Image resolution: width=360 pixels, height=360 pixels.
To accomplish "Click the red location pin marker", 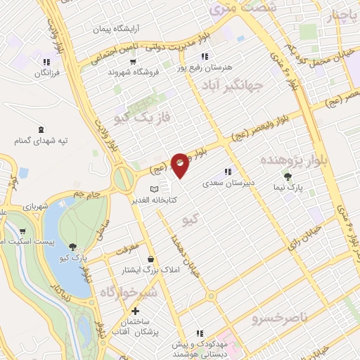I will coord(180,165).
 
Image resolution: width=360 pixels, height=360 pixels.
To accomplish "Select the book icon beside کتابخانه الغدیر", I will coord(155,189).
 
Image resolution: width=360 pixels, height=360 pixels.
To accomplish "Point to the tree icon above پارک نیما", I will coord(287,176).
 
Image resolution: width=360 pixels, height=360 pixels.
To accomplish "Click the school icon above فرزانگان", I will coord(46,62).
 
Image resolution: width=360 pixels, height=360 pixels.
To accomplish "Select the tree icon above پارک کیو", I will coord(73,246).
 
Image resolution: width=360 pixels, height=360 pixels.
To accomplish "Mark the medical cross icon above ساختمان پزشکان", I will coord(135,311).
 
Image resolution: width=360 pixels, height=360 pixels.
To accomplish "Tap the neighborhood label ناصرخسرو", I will coord(280,318).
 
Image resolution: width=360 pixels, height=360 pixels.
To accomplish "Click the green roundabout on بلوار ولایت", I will coord(124,178).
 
